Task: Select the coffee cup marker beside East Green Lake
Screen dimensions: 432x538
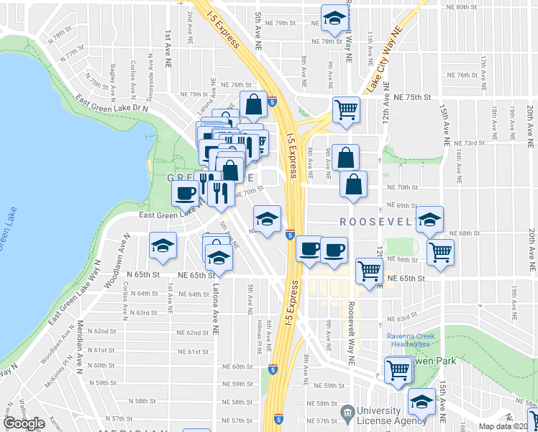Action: (x=186, y=192)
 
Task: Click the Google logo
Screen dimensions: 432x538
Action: (x=24, y=423)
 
